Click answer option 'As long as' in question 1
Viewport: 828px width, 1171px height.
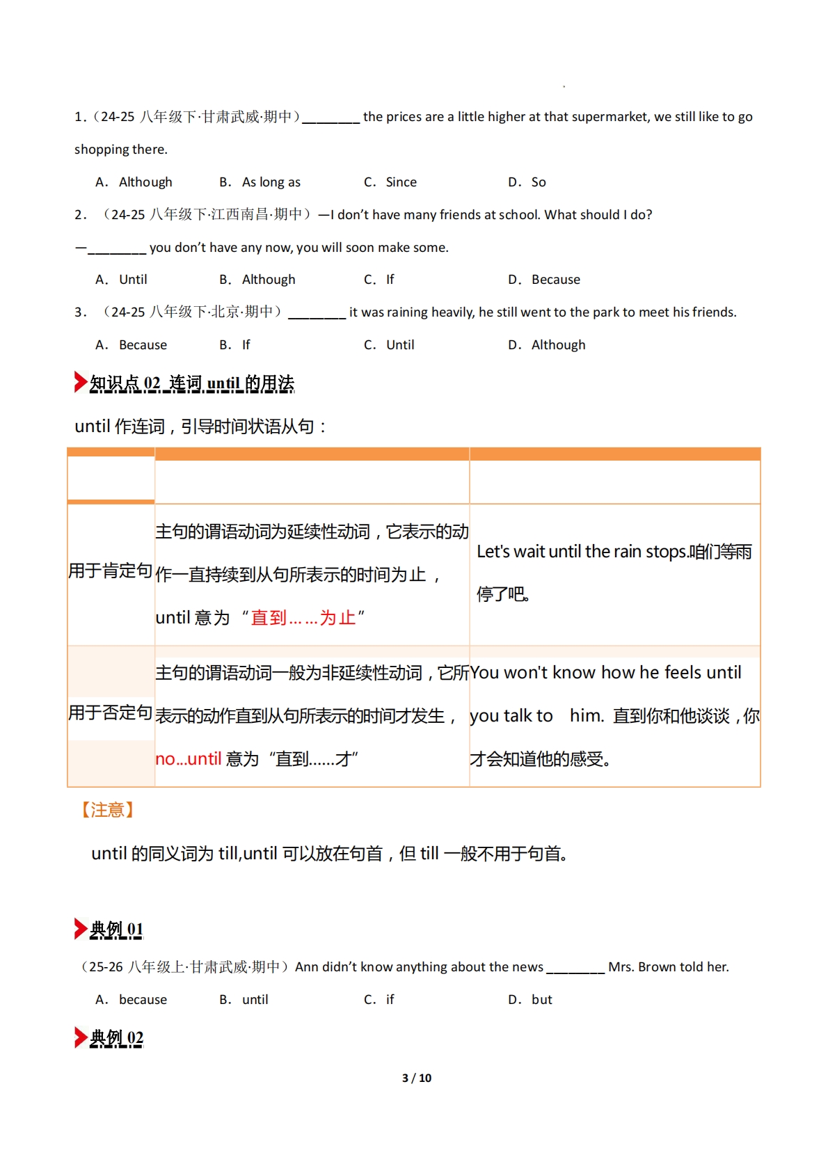271,182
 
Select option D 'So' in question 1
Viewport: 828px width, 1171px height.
538,182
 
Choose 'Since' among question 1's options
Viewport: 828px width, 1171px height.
401,182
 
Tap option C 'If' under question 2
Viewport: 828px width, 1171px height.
390,280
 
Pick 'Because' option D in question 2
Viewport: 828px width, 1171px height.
555,280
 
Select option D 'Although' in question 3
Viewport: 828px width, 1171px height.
558,345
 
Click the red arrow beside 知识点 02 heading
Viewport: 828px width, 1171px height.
80,382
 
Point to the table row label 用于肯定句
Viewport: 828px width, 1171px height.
111,571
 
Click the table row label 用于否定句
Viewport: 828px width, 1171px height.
111,713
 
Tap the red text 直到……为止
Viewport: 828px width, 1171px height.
303,618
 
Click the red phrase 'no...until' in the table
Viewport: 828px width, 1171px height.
188,759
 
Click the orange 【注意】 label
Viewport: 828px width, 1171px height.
107,810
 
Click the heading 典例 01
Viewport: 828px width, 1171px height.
116,930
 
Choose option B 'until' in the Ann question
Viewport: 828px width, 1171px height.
255,1000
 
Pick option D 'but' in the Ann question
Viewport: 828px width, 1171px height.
541,1000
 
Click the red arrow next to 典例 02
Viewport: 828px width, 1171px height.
80,1037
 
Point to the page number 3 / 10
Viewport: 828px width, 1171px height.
417,1078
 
